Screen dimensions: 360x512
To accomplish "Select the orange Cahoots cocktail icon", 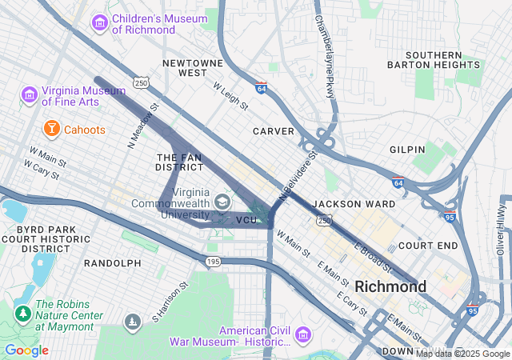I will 51,128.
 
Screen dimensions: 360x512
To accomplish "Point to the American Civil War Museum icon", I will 303,334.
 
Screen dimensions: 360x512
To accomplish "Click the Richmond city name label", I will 390,286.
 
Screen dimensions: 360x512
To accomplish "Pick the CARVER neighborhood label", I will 274,131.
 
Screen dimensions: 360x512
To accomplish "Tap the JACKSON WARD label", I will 354,204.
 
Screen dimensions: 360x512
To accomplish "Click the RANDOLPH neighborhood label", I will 112,262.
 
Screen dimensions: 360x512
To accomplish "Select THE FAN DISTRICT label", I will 180,162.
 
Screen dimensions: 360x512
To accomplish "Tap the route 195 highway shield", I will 212,262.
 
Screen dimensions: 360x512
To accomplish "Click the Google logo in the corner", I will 26,350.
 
